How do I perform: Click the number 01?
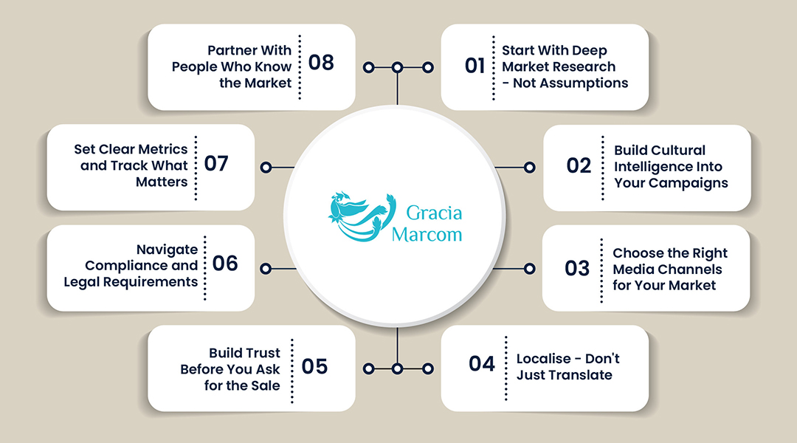pos(475,66)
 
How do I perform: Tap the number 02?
pos(579,166)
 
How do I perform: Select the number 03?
pos(577,269)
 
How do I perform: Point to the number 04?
pos(481,364)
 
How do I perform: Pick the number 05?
pos(314,367)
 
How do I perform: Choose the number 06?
pos(225,264)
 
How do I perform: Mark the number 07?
pos(216,164)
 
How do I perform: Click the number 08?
pos(321,63)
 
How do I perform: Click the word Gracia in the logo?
pos(434,213)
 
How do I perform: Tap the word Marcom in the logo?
pos(427,235)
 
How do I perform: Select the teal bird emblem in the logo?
pos(362,216)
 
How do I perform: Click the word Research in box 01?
pos(587,66)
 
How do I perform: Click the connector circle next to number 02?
pos(530,167)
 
